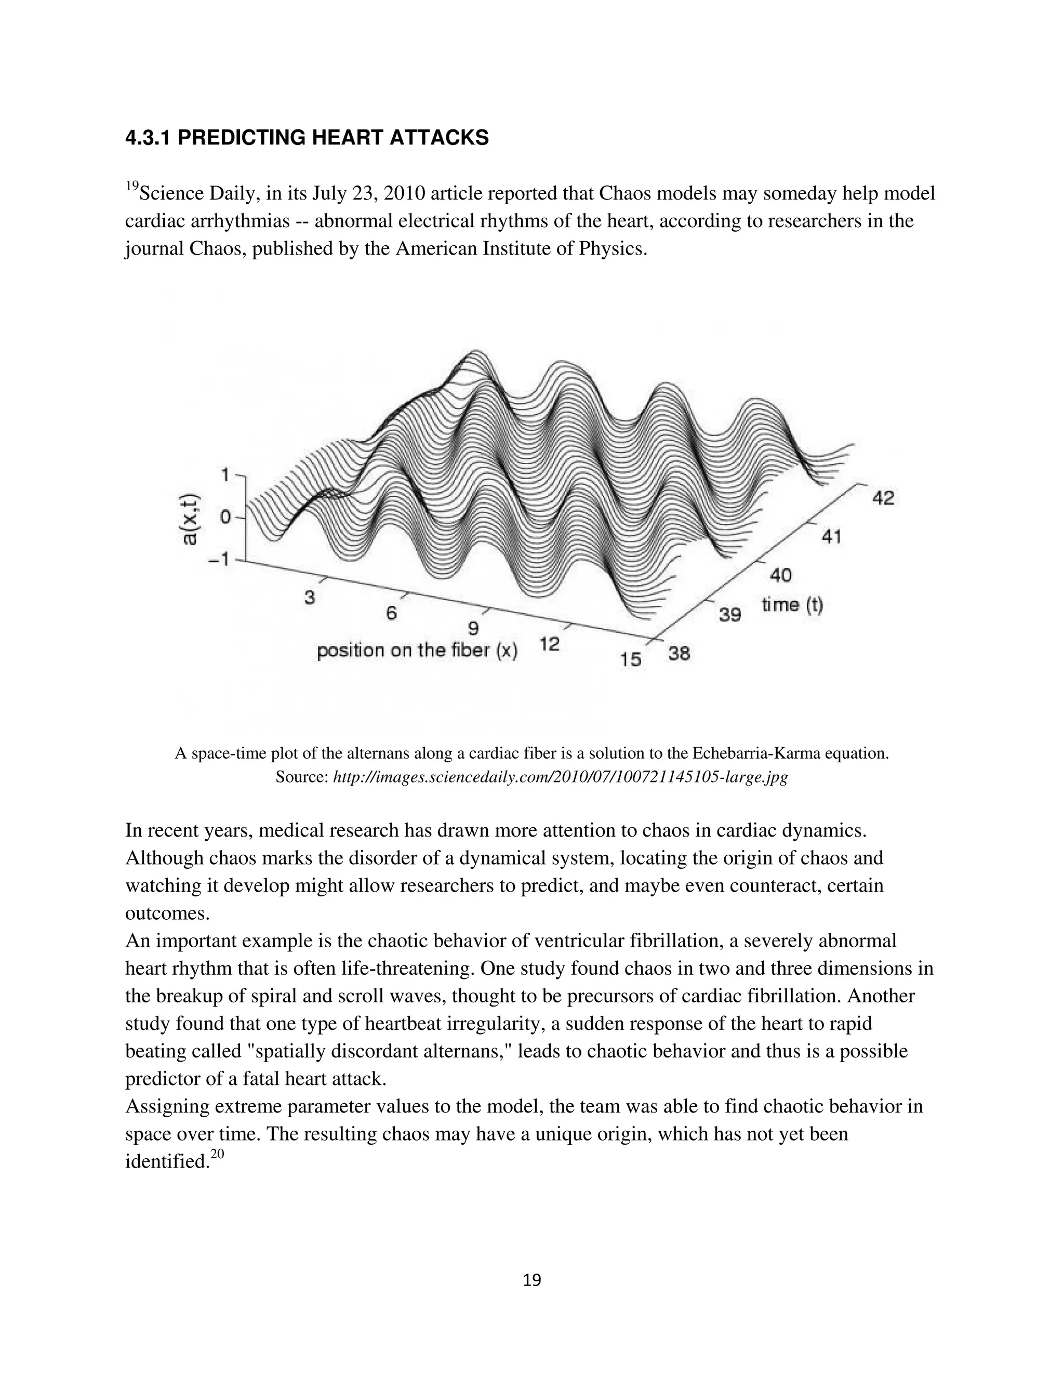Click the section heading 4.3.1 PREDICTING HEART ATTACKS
307,138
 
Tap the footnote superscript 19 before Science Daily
132,186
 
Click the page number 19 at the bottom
532,1280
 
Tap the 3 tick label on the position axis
310,597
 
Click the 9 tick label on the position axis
473,628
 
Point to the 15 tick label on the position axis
630,659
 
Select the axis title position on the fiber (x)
417,651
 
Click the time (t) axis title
792,605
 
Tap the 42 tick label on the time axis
883,498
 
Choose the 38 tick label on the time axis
680,653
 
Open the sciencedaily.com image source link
560,777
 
